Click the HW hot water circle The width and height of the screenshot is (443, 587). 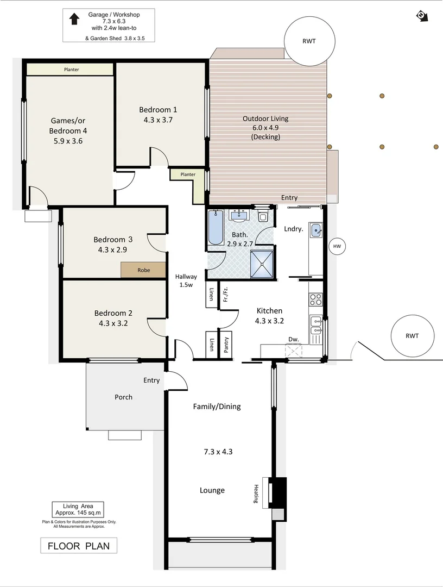pyautogui.click(x=337, y=246)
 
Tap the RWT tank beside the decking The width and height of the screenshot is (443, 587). pyautogui.click(x=309, y=41)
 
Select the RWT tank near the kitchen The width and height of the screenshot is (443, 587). pyautogui.click(x=412, y=335)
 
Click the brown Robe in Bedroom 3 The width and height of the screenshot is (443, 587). pyautogui.click(x=143, y=270)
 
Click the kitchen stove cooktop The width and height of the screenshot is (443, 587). pyautogui.click(x=315, y=299)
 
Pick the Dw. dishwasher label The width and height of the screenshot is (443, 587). pyautogui.click(x=294, y=340)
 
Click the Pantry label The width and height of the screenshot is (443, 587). pyautogui.click(x=226, y=344)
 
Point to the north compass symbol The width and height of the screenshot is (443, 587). pyautogui.click(x=423, y=15)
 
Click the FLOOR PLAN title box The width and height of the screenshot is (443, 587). pyautogui.click(x=79, y=546)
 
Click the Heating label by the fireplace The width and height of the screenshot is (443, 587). pyautogui.click(x=256, y=494)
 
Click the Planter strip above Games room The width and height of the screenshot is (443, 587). pyautogui.click(x=71, y=70)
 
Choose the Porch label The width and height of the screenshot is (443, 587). pyautogui.click(x=123, y=397)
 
